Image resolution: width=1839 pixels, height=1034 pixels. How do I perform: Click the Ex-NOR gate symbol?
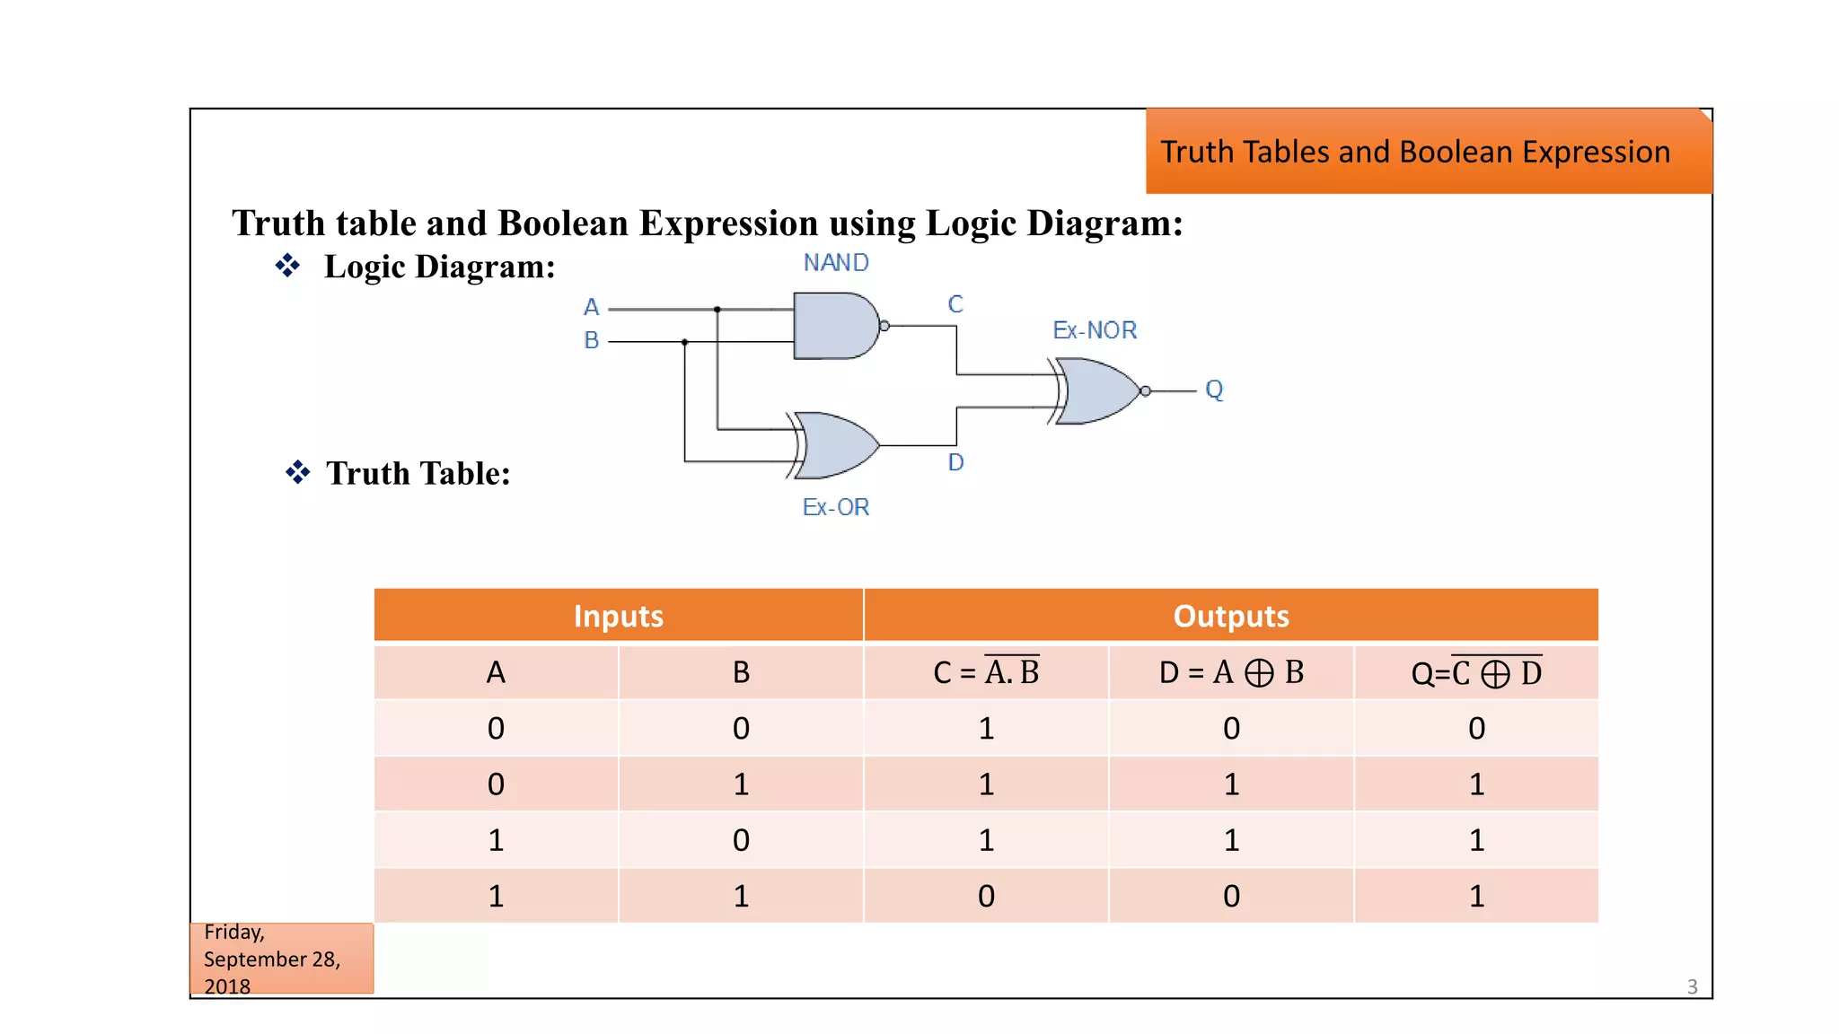click(x=1097, y=391)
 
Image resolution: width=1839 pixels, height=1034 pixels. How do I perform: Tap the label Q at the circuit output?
click(x=1214, y=390)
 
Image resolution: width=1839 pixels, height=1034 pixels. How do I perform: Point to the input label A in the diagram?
click(x=591, y=308)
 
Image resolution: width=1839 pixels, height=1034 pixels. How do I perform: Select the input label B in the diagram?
click(x=591, y=341)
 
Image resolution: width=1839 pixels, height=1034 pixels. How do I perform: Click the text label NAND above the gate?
click(x=836, y=263)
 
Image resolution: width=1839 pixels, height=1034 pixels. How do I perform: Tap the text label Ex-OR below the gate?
click(x=836, y=507)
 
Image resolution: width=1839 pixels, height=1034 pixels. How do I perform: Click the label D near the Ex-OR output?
click(x=955, y=462)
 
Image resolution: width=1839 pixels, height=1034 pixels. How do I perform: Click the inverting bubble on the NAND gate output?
click(x=884, y=326)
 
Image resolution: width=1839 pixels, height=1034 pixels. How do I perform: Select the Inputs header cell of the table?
click(x=618, y=616)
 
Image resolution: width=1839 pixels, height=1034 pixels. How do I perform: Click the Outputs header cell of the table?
click(x=1230, y=616)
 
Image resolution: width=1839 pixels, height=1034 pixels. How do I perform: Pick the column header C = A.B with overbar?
click(x=986, y=672)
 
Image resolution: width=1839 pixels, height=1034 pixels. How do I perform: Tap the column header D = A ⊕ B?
click(x=1231, y=672)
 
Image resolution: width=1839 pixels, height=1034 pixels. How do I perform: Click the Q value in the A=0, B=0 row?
click(x=1476, y=729)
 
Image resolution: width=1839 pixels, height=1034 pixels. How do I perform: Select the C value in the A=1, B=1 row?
click(x=986, y=896)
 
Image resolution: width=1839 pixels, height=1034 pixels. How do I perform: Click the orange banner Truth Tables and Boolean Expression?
click(x=1428, y=152)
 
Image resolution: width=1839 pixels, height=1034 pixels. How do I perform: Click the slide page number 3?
click(x=1692, y=986)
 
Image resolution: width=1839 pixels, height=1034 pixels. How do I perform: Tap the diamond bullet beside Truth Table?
click(x=298, y=472)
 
